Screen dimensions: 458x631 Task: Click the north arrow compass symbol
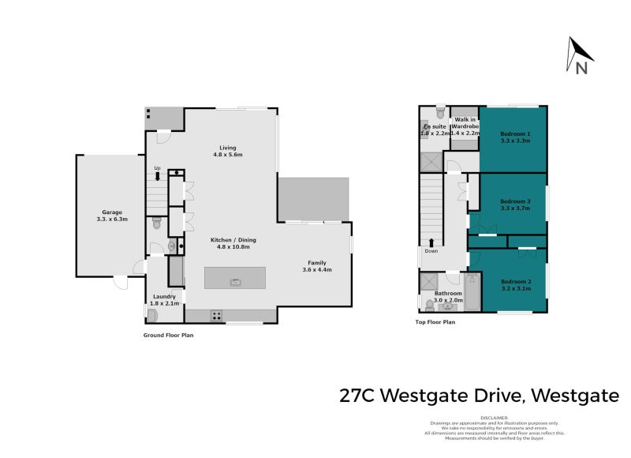(x=580, y=55)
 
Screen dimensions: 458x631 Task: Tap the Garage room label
(x=114, y=216)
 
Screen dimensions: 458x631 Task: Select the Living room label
(x=228, y=151)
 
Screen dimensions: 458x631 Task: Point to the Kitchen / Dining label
(x=233, y=242)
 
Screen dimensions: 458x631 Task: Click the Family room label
(x=317, y=266)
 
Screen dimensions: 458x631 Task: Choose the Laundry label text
(x=165, y=299)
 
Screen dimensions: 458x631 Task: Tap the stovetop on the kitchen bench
(x=215, y=315)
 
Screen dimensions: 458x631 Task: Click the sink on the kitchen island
(x=234, y=281)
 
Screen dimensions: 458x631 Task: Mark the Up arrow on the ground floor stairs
(x=158, y=176)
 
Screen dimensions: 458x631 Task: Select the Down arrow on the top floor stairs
(x=431, y=242)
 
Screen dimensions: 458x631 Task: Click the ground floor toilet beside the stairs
(x=156, y=223)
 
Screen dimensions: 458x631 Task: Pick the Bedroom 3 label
(x=515, y=205)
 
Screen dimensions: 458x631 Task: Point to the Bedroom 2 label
(x=515, y=285)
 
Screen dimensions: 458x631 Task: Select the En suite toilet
(x=441, y=111)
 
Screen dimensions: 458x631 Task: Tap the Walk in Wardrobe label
(x=465, y=126)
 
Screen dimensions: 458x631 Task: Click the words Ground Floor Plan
(x=168, y=335)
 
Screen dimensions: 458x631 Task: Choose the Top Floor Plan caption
(x=435, y=322)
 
